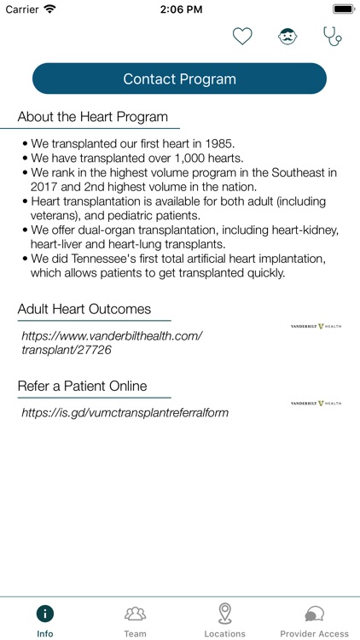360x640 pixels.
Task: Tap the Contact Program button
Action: [x=179, y=79]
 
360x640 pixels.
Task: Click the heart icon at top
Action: [x=243, y=37]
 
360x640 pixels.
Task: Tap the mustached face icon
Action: [x=287, y=37]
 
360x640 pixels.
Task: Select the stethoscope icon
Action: [x=332, y=37]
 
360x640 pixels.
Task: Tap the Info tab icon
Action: [x=45, y=614]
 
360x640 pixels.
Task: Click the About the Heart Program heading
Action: [x=93, y=117]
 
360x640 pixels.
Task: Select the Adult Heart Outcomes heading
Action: [x=84, y=309]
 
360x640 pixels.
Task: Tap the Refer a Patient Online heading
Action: [x=82, y=386]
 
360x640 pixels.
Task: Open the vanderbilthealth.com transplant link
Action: [x=112, y=342]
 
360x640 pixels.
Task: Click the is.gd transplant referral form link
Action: [x=125, y=412]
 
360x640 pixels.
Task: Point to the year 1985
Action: [x=218, y=143]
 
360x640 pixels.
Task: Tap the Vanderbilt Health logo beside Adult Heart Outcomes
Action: [x=316, y=326]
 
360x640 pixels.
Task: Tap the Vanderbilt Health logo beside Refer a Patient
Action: [x=316, y=403]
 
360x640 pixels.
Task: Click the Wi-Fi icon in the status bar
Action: [x=50, y=9]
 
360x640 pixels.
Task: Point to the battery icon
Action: [x=344, y=9]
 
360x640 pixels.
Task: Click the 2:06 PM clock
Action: [x=179, y=9]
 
